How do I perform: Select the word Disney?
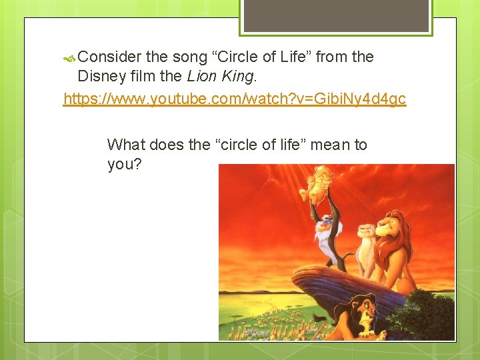(x=102, y=77)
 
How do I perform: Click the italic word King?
(x=237, y=77)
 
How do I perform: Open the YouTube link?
(x=234, y=99)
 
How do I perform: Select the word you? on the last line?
(x=124, y=164)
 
